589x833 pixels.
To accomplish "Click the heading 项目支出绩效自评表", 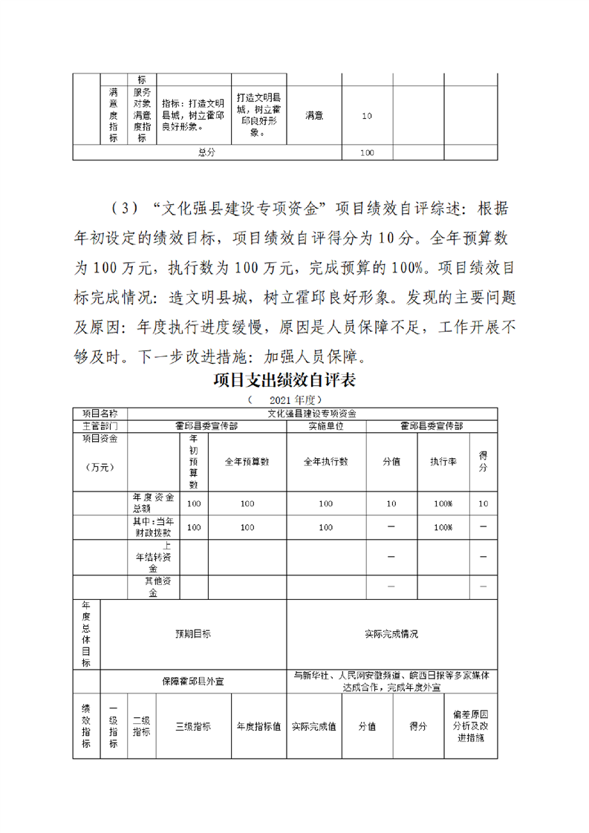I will coord(285,381).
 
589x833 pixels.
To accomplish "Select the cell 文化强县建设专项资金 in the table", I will coord(313,414).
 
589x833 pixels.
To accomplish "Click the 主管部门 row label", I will coord(100,426).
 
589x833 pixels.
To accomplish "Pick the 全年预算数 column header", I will coord(247,461).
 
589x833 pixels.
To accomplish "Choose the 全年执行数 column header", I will coord(325,461).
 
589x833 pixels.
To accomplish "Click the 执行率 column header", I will coord(443,461).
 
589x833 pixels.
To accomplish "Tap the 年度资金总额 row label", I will coord(154,503).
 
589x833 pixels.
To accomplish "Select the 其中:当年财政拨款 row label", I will coord(154,527).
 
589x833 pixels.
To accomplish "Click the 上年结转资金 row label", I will coord(154,557).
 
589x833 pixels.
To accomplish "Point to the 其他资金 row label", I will coord(154,587).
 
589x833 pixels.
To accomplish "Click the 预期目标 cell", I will coord(192,634).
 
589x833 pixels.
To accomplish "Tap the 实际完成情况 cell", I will coord(391,634).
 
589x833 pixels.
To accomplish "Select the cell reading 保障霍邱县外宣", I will coord(192,680).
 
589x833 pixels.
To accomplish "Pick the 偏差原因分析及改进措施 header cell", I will coord(471,726).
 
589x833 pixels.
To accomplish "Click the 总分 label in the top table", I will coord(206,152).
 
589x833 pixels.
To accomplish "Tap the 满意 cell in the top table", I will coord(313,116).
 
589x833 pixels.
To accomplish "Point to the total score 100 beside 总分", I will coord(366,152).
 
